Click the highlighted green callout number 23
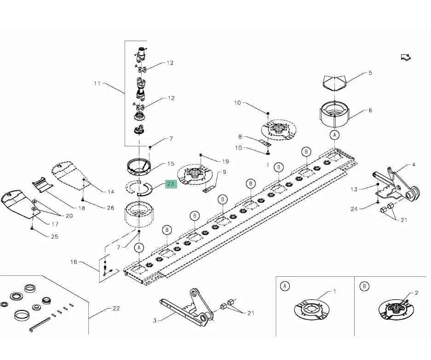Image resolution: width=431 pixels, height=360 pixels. click(171, 184)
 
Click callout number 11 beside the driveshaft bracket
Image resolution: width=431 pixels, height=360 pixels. click(97, 84)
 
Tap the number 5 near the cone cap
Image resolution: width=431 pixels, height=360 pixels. click(370, 73)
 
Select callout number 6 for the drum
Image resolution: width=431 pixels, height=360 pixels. click(370, 110)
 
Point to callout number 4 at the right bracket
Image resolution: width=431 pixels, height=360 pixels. click(414, 164)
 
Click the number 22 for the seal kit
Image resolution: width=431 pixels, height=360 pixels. click(115, 308)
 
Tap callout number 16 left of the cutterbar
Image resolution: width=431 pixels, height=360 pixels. click(74, 262)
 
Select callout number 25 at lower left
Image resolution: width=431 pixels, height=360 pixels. click(54, 237)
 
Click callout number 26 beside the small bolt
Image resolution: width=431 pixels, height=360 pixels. click(110, 208)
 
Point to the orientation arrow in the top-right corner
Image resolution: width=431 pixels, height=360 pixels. click(406, 57)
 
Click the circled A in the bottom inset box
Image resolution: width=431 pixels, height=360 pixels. click(285, 286)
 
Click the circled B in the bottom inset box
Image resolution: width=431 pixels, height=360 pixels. click(364, 286)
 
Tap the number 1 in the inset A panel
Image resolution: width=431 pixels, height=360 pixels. click(334, 291)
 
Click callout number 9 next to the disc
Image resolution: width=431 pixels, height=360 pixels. click(224, 172)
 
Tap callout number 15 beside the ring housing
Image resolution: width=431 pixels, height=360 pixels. click(171, 164)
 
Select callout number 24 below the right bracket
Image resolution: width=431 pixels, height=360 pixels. click(354, 209)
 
